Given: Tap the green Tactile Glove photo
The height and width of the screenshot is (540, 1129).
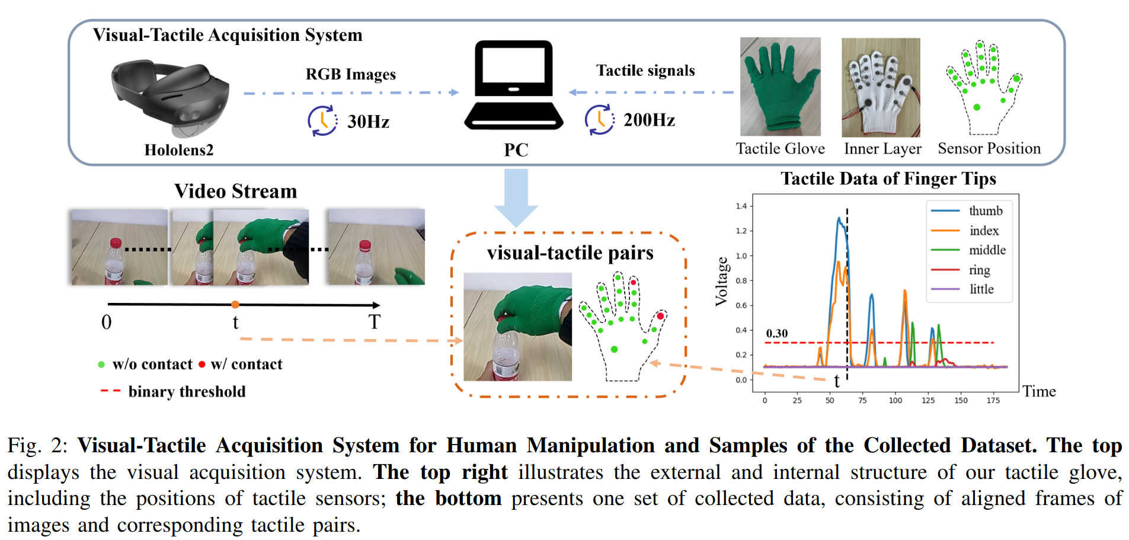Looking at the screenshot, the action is (780, 87).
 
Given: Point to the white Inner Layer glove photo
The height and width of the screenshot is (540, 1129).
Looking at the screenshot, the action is (881, 87).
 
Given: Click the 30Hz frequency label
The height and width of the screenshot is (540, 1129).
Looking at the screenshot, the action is (368, 122).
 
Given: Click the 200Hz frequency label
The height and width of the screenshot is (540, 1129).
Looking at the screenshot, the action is (649, 120).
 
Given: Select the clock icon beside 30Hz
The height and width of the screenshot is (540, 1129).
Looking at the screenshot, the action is (322, 120).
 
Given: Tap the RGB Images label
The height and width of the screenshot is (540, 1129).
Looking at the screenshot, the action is (350, 74).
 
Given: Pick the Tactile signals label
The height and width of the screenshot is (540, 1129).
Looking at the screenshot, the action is (645, 71).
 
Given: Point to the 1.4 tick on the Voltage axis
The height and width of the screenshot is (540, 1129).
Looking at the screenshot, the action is (741, 206).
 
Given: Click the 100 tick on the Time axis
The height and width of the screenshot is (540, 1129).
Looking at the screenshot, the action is (895, 401).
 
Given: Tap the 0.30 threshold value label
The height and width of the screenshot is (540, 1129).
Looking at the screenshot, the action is (776, 333).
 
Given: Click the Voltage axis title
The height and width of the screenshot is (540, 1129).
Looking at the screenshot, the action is (721, 282).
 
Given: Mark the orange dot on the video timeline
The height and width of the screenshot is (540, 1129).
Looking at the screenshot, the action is (235, 305).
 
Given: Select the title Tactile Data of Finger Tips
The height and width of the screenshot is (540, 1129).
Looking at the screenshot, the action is (888, 178).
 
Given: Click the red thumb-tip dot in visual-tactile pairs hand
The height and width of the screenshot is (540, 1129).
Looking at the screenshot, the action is (660, 316).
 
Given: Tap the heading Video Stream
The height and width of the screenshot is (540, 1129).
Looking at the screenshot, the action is (235, 191).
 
